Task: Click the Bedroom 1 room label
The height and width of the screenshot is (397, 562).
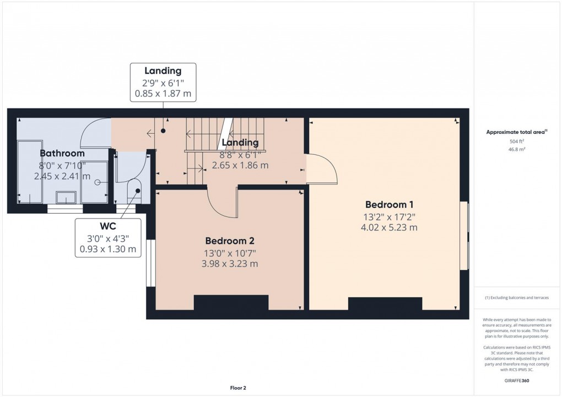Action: click(383, 202)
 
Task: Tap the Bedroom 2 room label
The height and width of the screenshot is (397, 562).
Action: click(230, 241)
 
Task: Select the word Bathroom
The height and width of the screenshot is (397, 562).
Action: click(62, 153)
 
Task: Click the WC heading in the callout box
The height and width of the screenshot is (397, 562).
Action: click(108, 226)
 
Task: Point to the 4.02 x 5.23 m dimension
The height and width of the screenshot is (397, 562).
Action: click(383, 227)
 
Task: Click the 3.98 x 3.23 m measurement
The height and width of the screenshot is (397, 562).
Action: click(230, 264)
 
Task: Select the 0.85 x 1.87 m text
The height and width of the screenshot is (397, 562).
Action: click(163, 94)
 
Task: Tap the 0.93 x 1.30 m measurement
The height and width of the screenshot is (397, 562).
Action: click(108, 249)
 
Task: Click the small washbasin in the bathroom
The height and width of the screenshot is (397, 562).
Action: click(67, 197)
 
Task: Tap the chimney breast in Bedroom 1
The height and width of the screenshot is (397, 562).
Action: click(385, 304)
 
